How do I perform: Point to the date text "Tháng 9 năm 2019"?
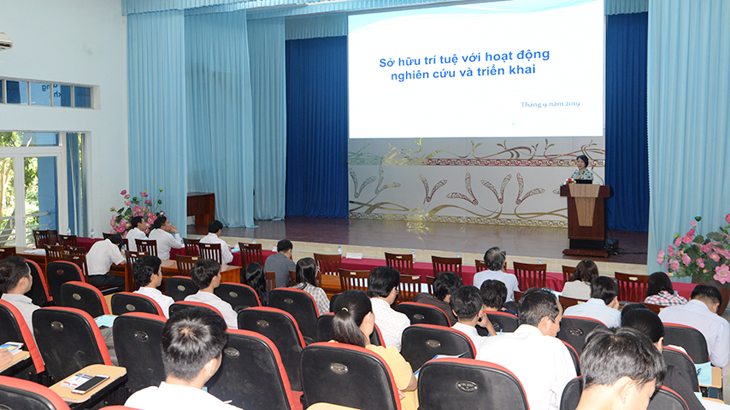pos(550,104)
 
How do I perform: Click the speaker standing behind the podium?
pos(581,169)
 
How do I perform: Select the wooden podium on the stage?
pos(586,219)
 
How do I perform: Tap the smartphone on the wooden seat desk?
pos(91,384)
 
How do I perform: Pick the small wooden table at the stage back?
pos(201,209)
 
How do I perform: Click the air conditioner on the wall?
pos(5,41)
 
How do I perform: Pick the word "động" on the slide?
pos(533,56)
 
